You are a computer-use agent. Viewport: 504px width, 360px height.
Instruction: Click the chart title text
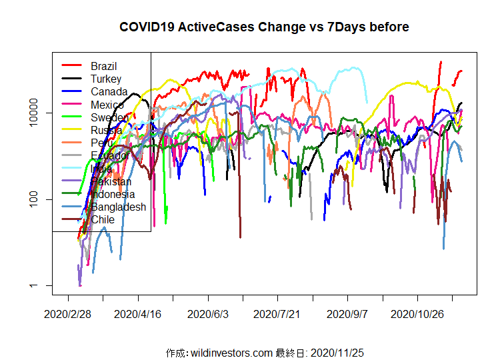pos(264,27)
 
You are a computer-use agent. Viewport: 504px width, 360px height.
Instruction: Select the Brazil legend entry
pos(104,66)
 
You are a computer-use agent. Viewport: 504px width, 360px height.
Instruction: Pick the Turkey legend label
pos(106,79)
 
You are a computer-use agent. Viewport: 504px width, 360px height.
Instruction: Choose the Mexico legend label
pos(107,105)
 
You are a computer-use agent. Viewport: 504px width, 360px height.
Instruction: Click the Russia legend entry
pos(106,130)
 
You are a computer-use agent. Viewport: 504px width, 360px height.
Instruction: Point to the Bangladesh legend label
pos(118,207)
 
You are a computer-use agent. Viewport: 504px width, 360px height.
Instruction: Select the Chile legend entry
pos(103,219)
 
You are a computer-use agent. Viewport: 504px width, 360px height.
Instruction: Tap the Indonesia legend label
pos(113,194)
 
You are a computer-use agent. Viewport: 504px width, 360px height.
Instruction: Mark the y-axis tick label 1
pos(41,286)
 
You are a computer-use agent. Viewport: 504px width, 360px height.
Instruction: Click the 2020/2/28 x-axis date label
pos(68,313)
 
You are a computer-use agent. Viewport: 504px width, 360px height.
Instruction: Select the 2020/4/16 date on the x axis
pos(138,313)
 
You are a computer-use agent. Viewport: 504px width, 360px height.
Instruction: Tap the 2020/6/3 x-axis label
pos(208,313)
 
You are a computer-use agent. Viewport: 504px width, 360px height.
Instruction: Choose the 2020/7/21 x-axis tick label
pos(278,313)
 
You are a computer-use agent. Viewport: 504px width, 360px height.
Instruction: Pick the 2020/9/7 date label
pos(348,313)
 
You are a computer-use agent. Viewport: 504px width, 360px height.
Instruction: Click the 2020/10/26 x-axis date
pos(417,313)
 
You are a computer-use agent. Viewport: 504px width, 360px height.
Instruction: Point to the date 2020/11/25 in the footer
pos(337,353)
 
